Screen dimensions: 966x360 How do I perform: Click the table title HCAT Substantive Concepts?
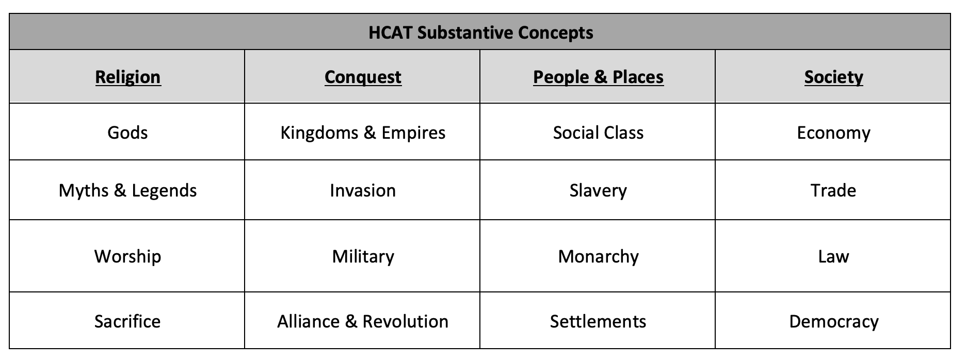coord(480,32)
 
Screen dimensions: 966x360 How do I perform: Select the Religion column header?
coord(128,77)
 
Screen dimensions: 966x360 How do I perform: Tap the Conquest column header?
coord(363,77)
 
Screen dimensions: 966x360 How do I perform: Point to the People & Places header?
coord(598,77)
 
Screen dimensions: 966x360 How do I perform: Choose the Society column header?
coord(833,77)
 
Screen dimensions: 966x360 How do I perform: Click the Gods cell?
coord(127,133)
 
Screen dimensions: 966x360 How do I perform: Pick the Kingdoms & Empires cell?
coord(363,133)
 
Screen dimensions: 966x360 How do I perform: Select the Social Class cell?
coord(598,133)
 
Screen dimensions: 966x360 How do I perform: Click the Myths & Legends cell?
coord(127,190)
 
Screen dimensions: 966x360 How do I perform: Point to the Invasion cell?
coord(363,190)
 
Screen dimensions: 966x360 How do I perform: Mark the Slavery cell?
coord(598,190)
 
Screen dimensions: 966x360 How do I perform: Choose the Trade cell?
coord(833,190)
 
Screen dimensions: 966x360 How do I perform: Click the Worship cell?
coord(127,256)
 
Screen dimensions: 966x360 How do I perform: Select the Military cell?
coord(363,256)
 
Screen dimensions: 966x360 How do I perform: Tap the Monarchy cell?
coord(598,256)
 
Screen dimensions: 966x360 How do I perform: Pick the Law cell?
coord(833,256)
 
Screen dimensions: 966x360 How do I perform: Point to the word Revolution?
coord(405,321)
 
